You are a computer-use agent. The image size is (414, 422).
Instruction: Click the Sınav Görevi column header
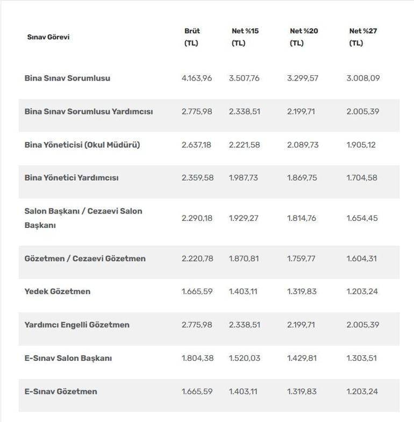pos(48,37)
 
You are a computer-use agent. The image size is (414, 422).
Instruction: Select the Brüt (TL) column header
pos(192,37)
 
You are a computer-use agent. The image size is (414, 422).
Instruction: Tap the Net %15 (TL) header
pos(245,37)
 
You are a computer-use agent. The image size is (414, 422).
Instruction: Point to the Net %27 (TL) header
pos(363,37)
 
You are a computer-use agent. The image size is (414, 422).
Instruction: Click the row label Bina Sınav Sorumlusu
pos(67,78)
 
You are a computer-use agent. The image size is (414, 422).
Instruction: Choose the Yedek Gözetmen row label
pos(58,291)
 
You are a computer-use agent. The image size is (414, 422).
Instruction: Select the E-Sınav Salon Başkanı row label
pos(68,358)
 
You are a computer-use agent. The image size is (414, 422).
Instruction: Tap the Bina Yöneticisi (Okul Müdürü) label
pos(82,145)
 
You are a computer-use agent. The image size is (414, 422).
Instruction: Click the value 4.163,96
pos(197,78)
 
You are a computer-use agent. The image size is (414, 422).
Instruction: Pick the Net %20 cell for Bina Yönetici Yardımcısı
pos(302,178)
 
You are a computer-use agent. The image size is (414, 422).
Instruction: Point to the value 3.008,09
pos(363,78)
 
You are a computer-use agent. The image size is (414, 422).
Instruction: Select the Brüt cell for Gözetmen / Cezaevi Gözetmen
pos(197,259)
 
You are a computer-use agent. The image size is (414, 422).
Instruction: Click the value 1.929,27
pos(244,218)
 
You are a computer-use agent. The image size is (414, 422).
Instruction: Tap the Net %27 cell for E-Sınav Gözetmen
pos(362,391)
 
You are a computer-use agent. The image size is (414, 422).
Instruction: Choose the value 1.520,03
pos(245,358)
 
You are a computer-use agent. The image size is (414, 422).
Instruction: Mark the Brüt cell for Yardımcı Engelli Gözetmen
pos(197,325)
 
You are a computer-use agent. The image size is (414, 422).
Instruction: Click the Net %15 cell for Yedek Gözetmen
pos(243,291)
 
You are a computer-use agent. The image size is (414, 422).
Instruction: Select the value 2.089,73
pos(303,145)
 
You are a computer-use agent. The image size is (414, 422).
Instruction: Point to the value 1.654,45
pos(362,218)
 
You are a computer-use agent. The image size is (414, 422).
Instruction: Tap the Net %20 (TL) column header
pos(304,37)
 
